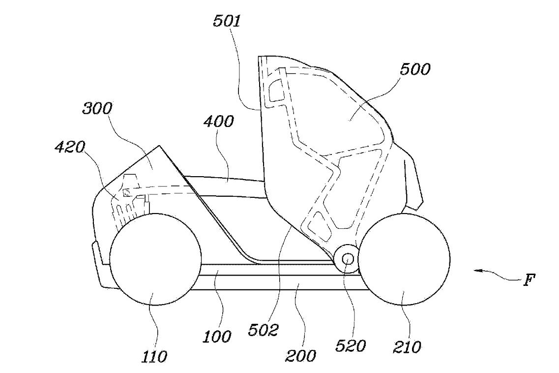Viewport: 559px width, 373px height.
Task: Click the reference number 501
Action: tap(227, 22)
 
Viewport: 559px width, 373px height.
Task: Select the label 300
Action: tap(97, 108)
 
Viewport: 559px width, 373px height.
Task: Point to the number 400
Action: tap(219, 122)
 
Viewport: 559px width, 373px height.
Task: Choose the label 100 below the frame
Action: tap(217, 336)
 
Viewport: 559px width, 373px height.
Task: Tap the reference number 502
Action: tap(263, 330)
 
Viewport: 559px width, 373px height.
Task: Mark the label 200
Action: tap(300, 355)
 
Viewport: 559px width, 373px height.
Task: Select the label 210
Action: tap(407, 346)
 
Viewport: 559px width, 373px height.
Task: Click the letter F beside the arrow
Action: tap(529, 280)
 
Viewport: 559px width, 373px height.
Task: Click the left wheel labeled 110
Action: tap(155, 259)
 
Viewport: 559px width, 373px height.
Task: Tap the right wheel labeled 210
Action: tap(404, 259)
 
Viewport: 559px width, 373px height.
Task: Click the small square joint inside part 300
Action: tap(126, 193)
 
